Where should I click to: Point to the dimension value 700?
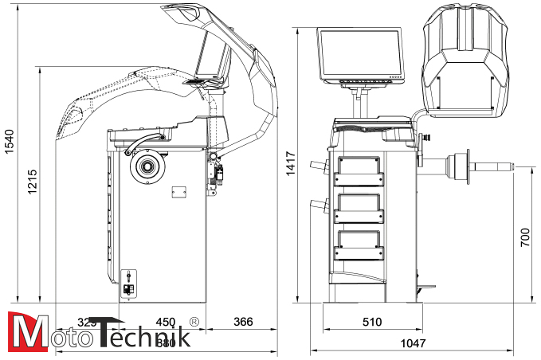pos(524,238)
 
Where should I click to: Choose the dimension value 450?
pos(164,322)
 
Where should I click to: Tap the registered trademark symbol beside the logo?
pos(194,322)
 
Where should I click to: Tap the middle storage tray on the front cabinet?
pos(359,208)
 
